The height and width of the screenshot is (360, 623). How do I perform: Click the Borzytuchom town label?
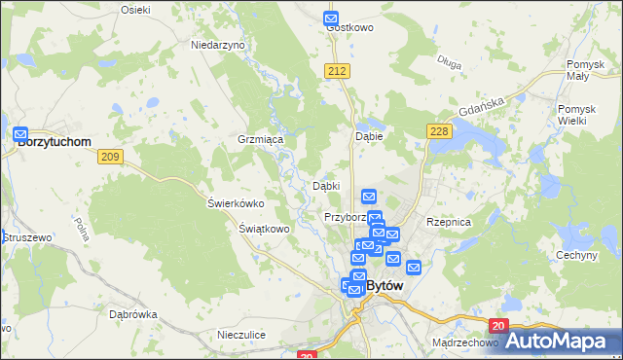coord(55,142)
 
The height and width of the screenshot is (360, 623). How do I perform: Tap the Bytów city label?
coord(387,286)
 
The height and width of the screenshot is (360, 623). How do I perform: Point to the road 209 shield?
coord(110,157)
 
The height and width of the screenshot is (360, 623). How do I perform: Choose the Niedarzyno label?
coord(218,45)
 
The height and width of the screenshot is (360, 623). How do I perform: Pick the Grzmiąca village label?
coord(260,140)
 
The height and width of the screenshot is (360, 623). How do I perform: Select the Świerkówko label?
coord(236,204)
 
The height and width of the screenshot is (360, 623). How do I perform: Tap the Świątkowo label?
coord(265,230)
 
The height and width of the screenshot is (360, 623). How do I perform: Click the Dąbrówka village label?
coord(133,315)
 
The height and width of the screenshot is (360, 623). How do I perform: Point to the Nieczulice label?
coord(242,335)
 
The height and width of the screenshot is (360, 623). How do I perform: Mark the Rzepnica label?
coord(449,222)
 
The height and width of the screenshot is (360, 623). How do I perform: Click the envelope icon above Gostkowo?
coord(331,18)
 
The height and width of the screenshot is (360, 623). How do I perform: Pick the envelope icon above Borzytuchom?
coord(20,133)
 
